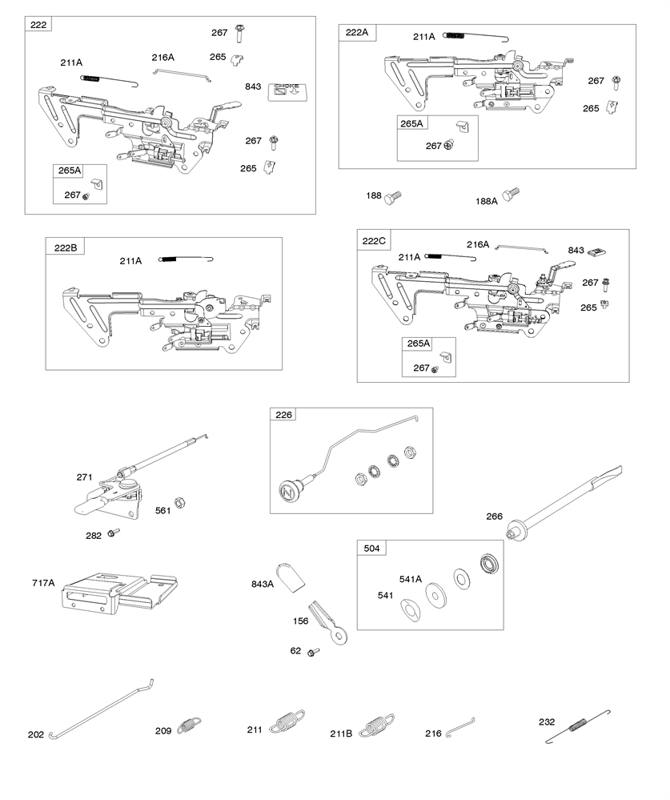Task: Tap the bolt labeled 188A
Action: pos(510,195)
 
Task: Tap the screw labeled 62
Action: pos(314,652)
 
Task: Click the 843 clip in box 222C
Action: pos(596,251)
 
